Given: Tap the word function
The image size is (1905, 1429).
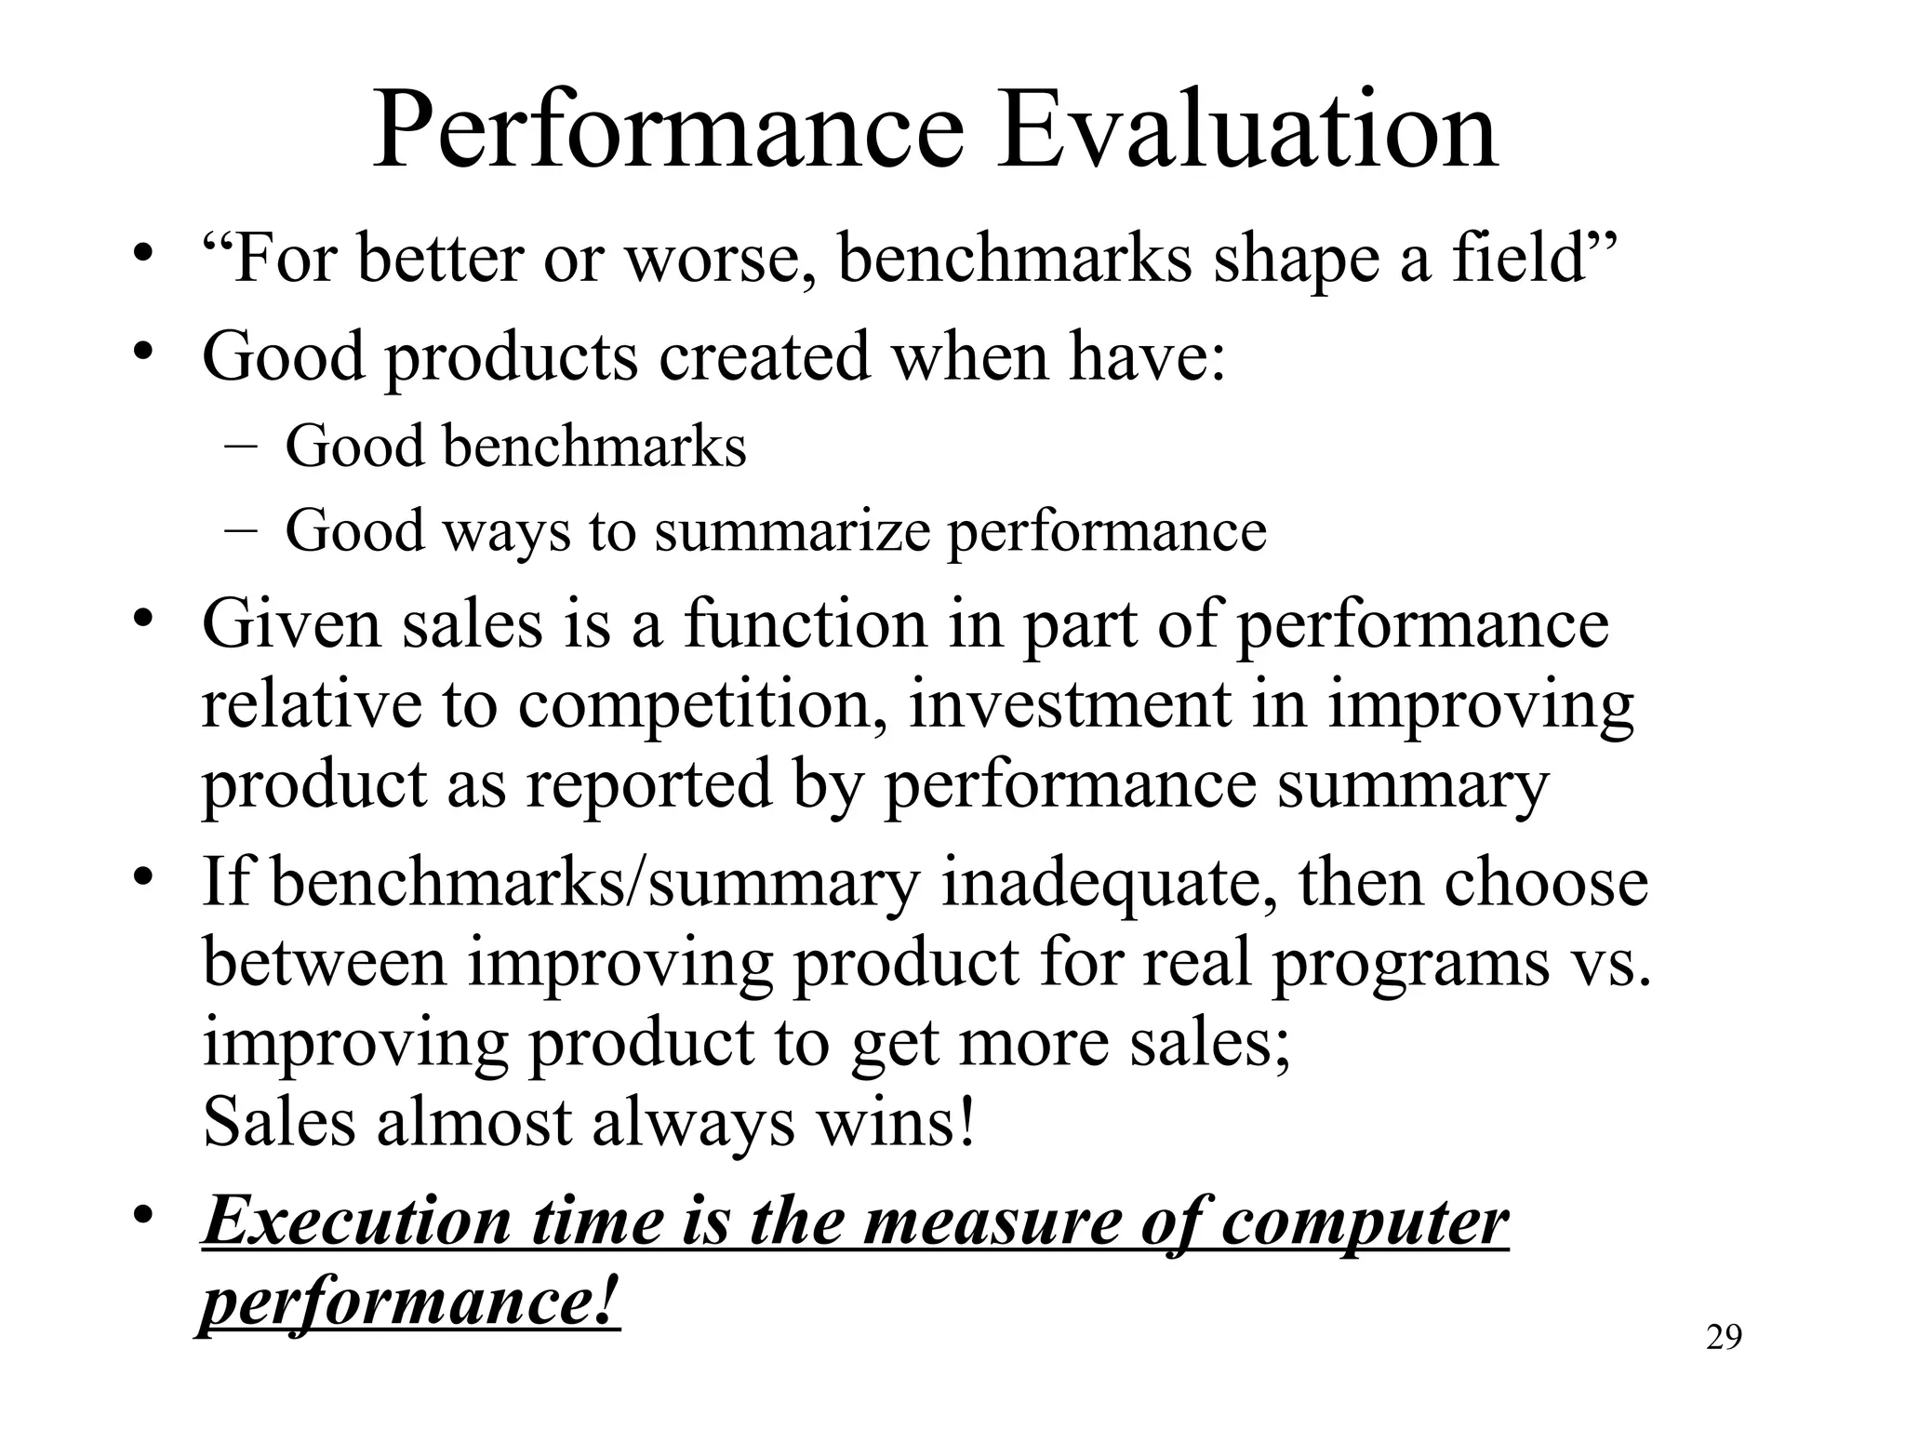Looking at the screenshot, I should (806, 624).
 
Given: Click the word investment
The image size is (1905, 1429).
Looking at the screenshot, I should (1070, 704).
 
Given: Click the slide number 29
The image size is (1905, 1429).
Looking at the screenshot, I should (1724, 1338).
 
